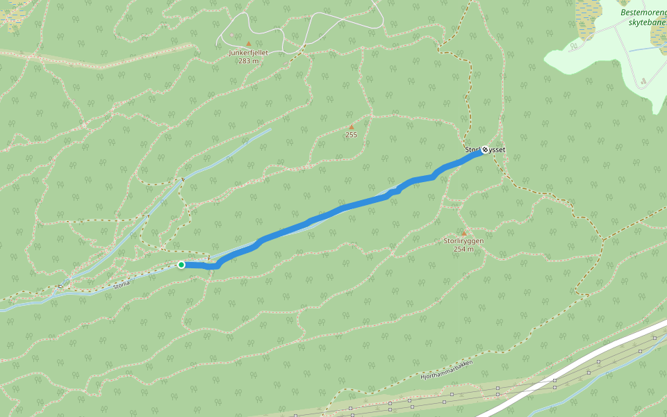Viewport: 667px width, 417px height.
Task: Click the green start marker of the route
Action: click(x=181, y=265)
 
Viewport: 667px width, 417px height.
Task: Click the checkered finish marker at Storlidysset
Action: click(x=484, y=149)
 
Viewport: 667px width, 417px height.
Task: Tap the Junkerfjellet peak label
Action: click(x=248, y=52)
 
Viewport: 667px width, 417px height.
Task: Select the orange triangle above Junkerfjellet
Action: click(x=248, y=43)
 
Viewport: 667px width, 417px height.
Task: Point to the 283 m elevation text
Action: click(x=248, y=60)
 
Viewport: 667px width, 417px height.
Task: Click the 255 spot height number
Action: click(x=351, y=135)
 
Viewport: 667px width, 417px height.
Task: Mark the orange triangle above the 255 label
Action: click(x=352, y=126)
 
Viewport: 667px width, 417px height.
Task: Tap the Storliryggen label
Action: click(x=463, y=241)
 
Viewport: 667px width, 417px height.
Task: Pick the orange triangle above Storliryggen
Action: click(x=463, y=233)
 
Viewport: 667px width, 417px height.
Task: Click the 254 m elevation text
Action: click(x=463, y=249)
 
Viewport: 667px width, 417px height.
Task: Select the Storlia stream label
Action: click(x=122, y=284)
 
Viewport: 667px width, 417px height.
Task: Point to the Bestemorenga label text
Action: click(x=643, y=13)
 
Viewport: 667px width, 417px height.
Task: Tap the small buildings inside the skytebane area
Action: click(x=643, y=82)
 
